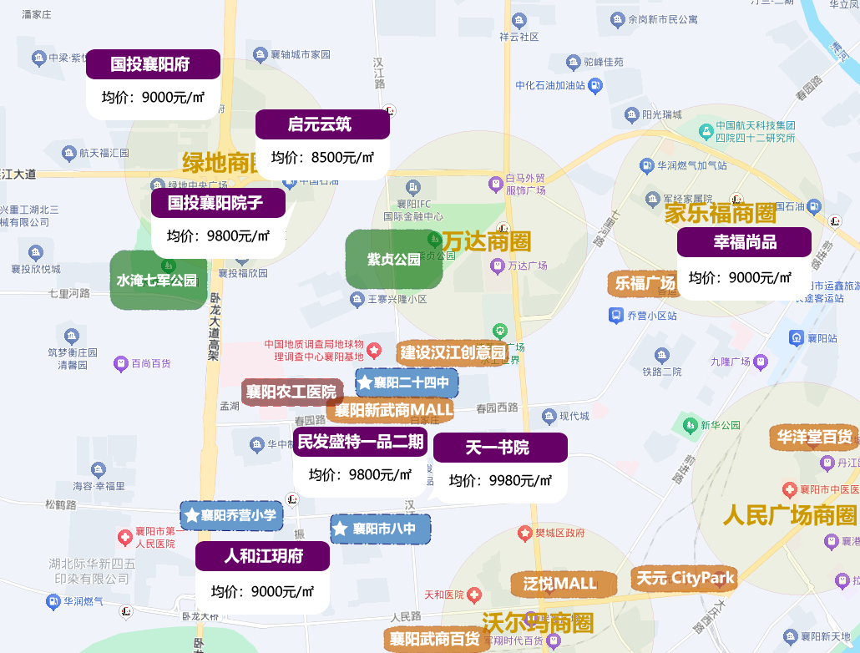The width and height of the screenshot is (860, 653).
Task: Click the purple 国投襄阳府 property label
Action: click(153, 64)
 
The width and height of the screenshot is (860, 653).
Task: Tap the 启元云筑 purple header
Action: click(322, 124)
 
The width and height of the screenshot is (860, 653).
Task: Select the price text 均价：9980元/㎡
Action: click(500, 481)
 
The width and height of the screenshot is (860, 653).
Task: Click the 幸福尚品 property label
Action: click(744, 242)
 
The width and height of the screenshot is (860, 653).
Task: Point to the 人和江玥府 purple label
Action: click(262, 556)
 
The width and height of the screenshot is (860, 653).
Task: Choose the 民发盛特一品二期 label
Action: click(360, 442)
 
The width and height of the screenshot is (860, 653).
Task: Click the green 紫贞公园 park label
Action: click(394, 259)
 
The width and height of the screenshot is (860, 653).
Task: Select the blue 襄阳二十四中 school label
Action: click(407, 383)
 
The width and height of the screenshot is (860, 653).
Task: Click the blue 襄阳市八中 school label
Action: click(381, 529)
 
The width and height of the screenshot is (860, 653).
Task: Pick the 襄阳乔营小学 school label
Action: click(231, 515)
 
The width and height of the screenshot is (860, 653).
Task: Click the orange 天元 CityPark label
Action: click(685, 578)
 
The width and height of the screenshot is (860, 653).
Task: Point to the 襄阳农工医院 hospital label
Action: click(291, 392)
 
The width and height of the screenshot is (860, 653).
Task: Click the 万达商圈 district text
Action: click(486, 242)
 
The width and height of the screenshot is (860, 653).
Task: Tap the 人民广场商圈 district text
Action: click(790, 515)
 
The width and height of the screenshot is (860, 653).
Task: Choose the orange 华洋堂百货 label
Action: click(814, 437)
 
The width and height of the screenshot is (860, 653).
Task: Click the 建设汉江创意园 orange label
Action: click(452, 352)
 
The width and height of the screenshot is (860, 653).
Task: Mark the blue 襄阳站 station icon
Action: click(797, 338)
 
